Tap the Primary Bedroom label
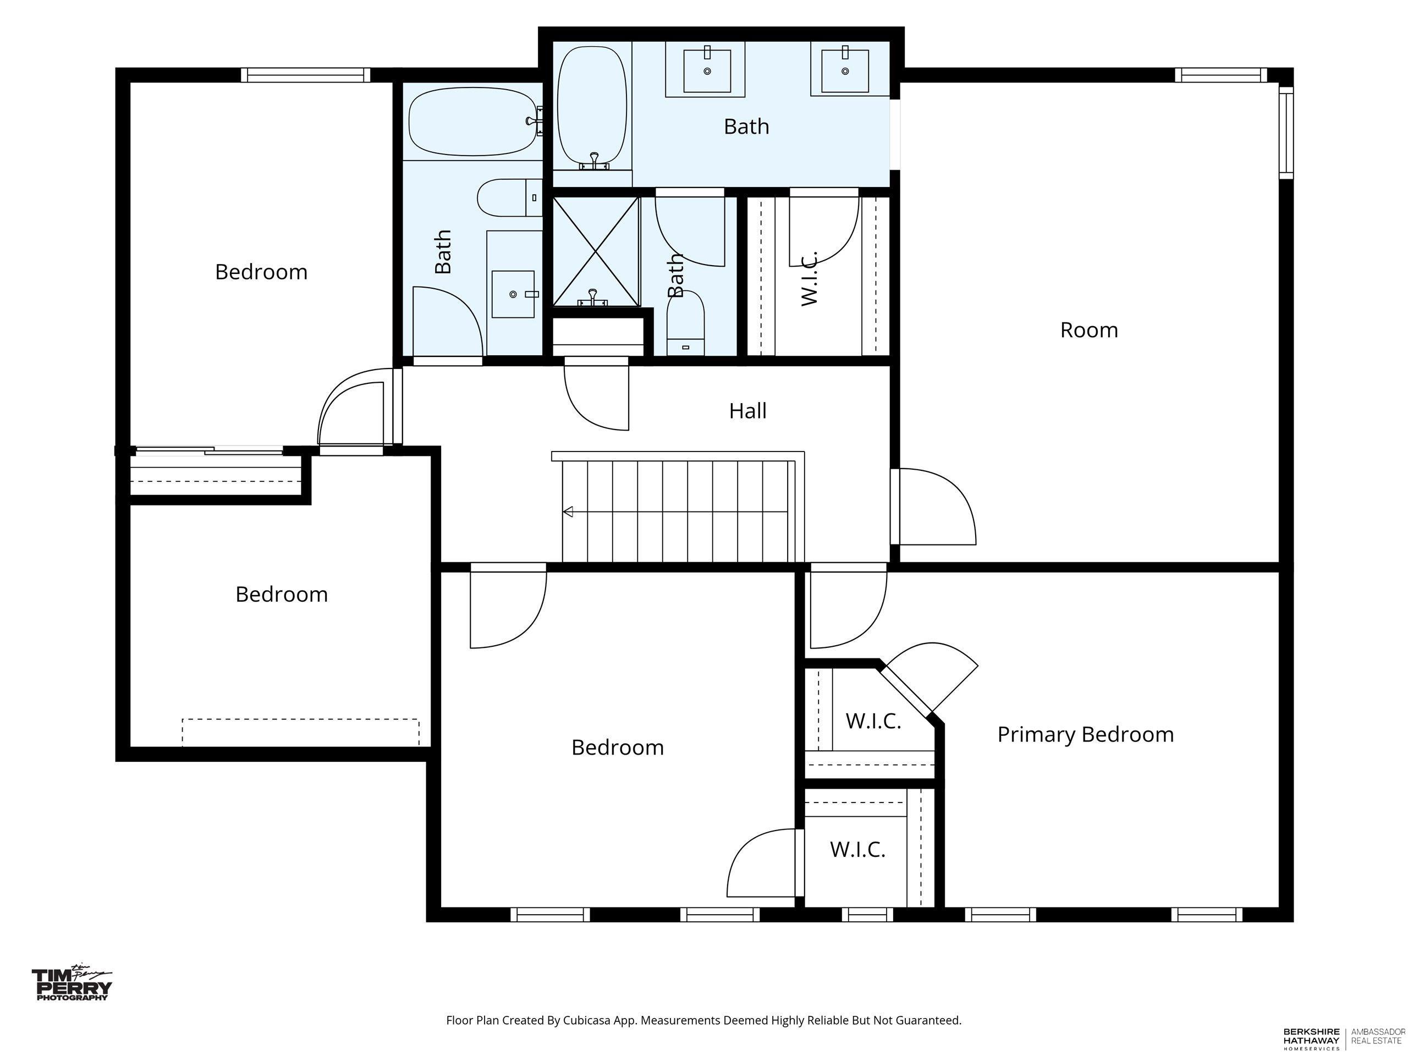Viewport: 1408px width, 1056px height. pos(1085,735)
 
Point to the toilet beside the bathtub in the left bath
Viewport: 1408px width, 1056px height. pos(510,197)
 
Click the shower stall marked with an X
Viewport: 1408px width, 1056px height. pos(596,252)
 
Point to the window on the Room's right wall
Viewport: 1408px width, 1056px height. pos(1286,133)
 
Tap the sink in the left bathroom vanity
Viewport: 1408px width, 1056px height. pos(513,294)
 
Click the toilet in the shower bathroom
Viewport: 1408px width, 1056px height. pos(685,323)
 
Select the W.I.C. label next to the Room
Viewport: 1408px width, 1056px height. pos(809,279)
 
